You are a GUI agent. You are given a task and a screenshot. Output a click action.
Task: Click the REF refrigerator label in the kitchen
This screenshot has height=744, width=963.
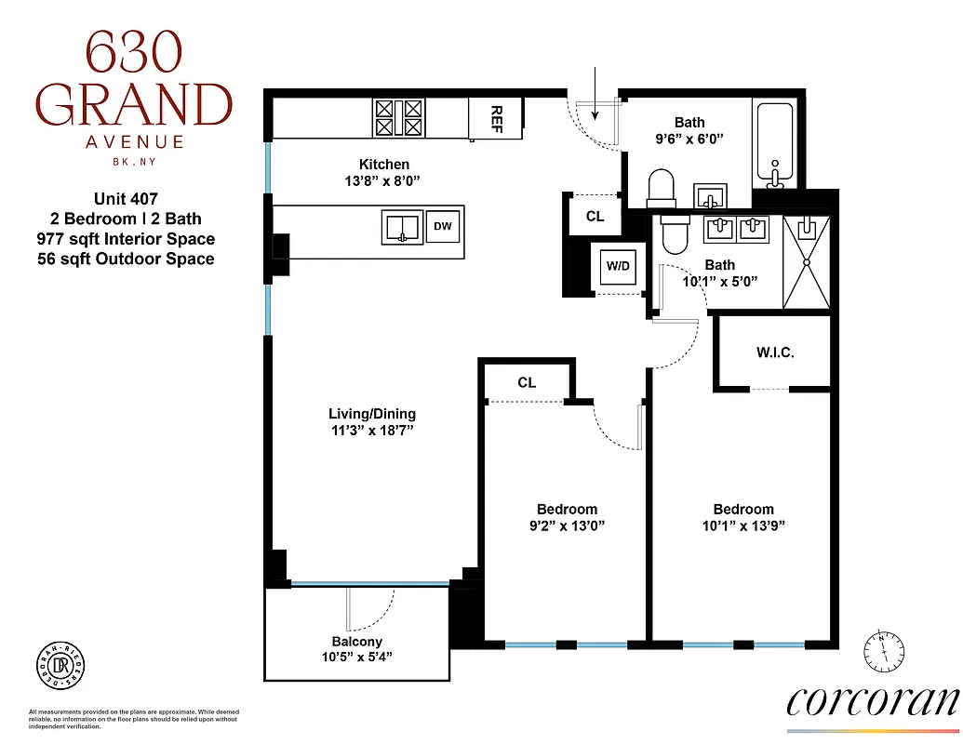(496, 118)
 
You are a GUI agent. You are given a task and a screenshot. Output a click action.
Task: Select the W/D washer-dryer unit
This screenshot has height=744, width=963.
(618, 266)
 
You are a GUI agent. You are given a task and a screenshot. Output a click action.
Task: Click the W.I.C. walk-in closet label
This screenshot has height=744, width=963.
(774, 353)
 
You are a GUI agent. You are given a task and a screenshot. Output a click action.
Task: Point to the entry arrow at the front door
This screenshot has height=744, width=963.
(595, 93)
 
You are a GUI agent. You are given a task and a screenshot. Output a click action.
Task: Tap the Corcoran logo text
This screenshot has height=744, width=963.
(873, 699)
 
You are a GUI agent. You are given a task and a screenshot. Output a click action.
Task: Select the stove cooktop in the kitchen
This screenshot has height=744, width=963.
(399, 118)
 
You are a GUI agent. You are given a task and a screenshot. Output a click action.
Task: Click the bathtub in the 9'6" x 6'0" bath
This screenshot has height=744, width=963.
(774, 144)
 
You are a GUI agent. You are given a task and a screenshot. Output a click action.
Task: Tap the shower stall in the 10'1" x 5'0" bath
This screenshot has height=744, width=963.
(806, 262)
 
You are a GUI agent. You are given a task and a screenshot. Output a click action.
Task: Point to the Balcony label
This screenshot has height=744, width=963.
(357, 642)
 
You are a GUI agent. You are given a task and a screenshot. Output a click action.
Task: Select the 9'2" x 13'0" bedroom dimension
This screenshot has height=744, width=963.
(567, 525)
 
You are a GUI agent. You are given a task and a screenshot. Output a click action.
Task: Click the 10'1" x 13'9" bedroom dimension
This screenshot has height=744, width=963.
(743, 525)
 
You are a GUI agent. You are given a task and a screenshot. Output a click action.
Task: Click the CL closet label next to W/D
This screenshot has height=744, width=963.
(595, 217)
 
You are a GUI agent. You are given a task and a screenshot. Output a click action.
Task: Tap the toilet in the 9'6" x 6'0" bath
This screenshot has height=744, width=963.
(661, 187)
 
